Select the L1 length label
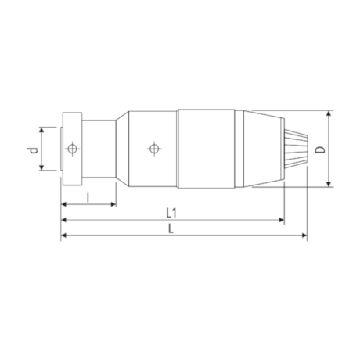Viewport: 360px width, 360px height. [171, 213]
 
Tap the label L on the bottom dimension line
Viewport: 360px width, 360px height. [173, 229]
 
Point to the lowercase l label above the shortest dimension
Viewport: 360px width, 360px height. [88, 197]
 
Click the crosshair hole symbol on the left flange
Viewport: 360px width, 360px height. [72, 148]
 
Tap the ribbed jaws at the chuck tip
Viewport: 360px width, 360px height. [297, 148]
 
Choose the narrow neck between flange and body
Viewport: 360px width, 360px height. [99, 148]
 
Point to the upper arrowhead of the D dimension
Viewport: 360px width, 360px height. [329, 112]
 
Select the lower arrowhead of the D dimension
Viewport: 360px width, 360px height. [329, 185]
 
